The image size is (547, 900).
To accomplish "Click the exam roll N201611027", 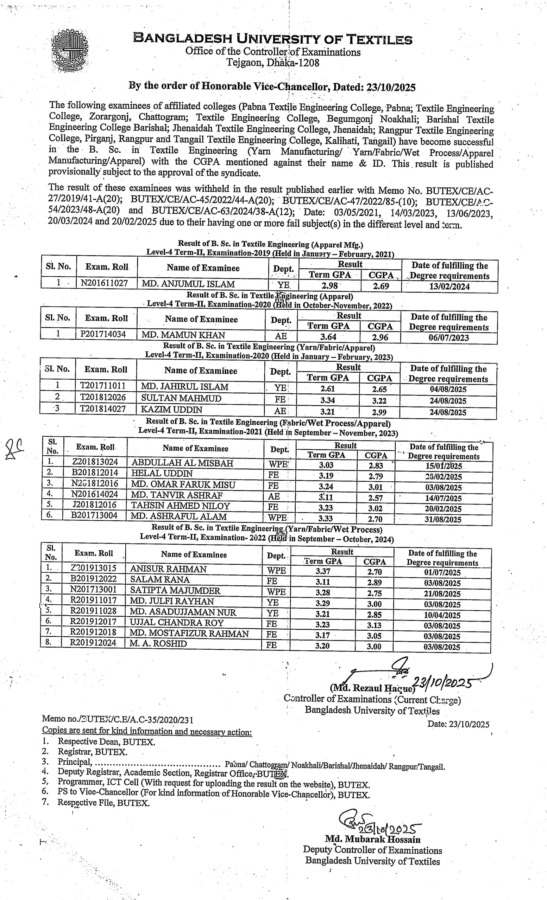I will (104, 283).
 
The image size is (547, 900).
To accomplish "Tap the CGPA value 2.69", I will (381, 286).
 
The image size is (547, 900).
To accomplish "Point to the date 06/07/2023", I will (449, 337).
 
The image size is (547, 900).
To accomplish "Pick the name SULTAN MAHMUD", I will (181, 398).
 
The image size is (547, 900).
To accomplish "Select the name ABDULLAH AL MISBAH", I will (182, 463).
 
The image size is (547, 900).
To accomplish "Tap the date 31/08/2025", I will (443, 519).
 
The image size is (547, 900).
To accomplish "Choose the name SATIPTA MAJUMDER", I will (175, 591).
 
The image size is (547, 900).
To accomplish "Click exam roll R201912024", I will (93, 644).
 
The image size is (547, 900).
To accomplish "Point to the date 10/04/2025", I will (442, 615).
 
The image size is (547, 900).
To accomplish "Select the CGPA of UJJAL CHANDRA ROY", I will (374, 626).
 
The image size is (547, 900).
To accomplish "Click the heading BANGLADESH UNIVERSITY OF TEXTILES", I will (273, 39).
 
